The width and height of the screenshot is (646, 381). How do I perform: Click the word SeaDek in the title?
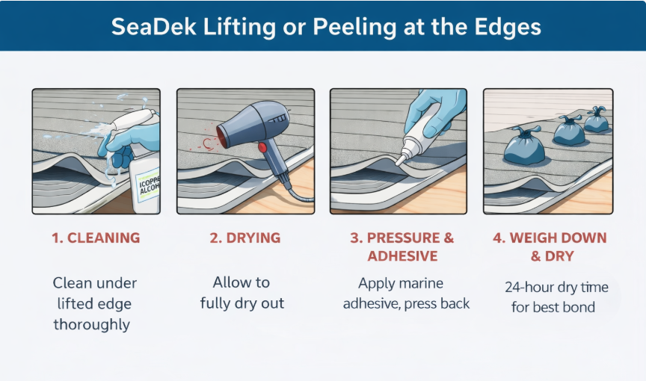pyautogui.click(x=153, y=27)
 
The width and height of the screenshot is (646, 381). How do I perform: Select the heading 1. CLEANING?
pyautogui.click(x=96, y=238)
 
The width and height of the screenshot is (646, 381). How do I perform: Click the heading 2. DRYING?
pyautogui.click(x=245, y=238)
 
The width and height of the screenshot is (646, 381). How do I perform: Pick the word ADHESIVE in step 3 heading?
pyautogui.click(x=402, y=256)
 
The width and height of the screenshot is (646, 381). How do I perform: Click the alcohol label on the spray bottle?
pyautogui.click(x=148, y=185)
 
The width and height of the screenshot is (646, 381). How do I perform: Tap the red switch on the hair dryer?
pyautogui.click(x=262, y=147)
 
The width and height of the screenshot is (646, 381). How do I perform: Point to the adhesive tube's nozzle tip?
pyautogui.click(x=399, y=161)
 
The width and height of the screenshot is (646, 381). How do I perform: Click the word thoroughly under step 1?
pyautogui.click(x=91, y=325)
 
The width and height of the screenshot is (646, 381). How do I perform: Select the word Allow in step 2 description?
pyautogui.click(x=230, y=282)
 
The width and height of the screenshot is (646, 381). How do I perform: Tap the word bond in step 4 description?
pyautogui.click(x=579, y=307)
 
